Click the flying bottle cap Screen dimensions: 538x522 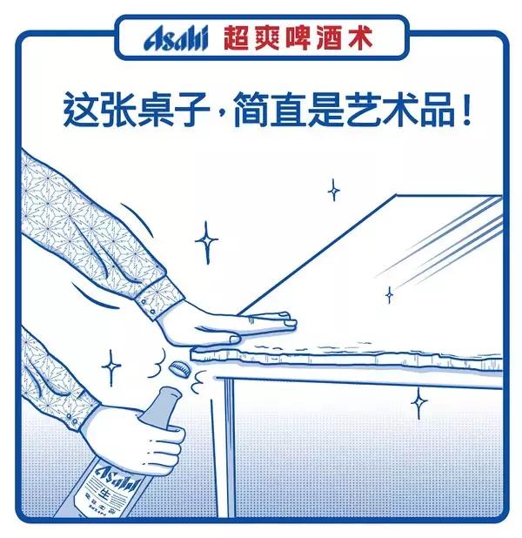click(x=179, y=367)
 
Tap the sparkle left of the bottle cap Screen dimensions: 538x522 click(x=110, y=367)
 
